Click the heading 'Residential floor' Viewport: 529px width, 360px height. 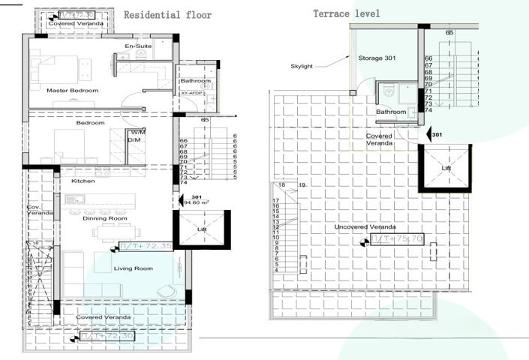[167, 15]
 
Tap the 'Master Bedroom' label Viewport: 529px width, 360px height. [73, 90]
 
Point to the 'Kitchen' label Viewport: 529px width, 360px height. [83, 181]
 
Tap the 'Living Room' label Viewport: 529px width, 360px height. [133, 268]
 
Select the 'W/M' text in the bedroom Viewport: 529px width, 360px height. [137, 132]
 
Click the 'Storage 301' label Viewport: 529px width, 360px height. [377, 58]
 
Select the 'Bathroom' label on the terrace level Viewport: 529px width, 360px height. [391, 112]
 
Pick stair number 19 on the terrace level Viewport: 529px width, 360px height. [303, 184]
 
